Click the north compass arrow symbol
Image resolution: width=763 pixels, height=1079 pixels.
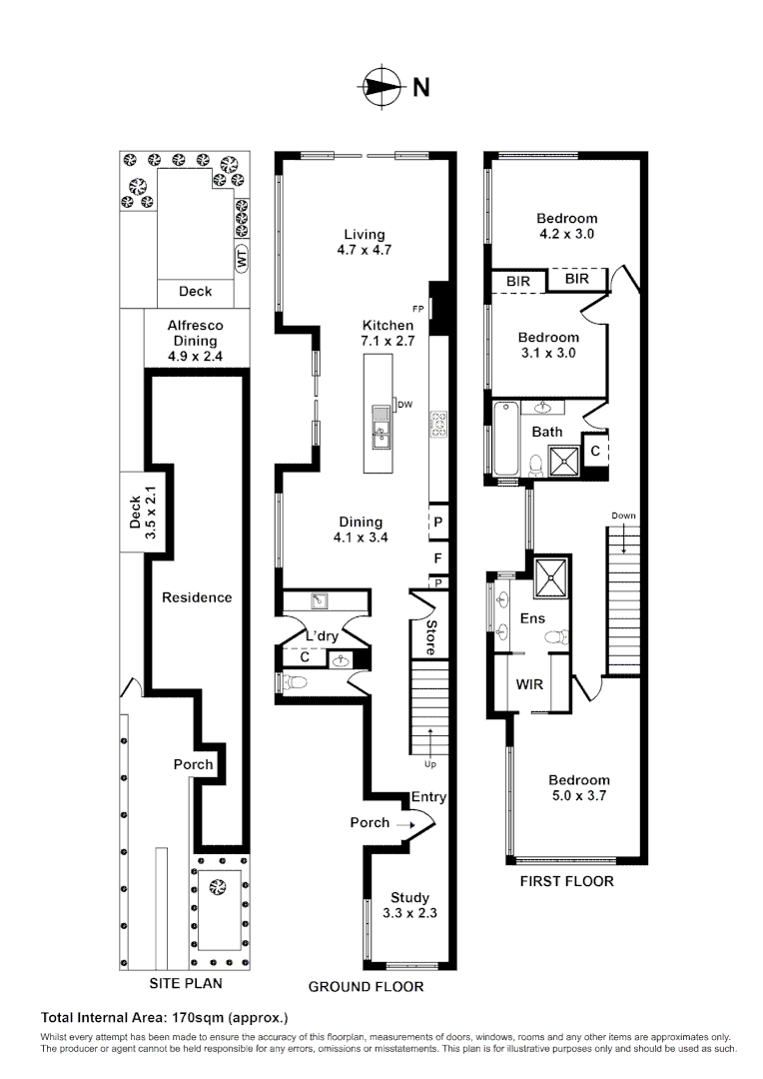pyautogui.click(x=380, y=87)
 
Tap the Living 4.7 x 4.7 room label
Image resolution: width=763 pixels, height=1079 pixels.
pyautogui.click(x=364, y=242)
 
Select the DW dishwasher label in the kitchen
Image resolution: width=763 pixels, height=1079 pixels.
pyautogui.click(x=404, y=405)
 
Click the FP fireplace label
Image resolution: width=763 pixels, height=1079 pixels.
pyautogui.click(x=418, y=309)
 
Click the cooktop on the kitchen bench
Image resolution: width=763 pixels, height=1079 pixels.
pyautogui.click(x=437, y=424)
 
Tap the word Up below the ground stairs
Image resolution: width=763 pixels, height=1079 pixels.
pyautogui.click(x=431, y=764)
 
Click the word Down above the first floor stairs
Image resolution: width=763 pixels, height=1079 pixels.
pyautogui.click(x=624, y=516)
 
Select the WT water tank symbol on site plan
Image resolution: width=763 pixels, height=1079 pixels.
pyautogui.click(x=240, y=258)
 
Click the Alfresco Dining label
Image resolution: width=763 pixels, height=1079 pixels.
pyautogui.click(x=196, y=333)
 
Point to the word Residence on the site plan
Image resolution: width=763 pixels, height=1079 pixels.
pyautogui.click(x=197, y=597)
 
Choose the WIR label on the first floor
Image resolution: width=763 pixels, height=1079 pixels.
pyautogui.click(x=528, y=685)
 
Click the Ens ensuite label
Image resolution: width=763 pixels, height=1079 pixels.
pyautogui.click(x=532, y=618)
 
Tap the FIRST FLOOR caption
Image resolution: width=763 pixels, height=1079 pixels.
pyautogui.click(x=566, y=882)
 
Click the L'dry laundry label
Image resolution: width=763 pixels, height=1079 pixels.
pyautogui.click(x=322, y=635)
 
